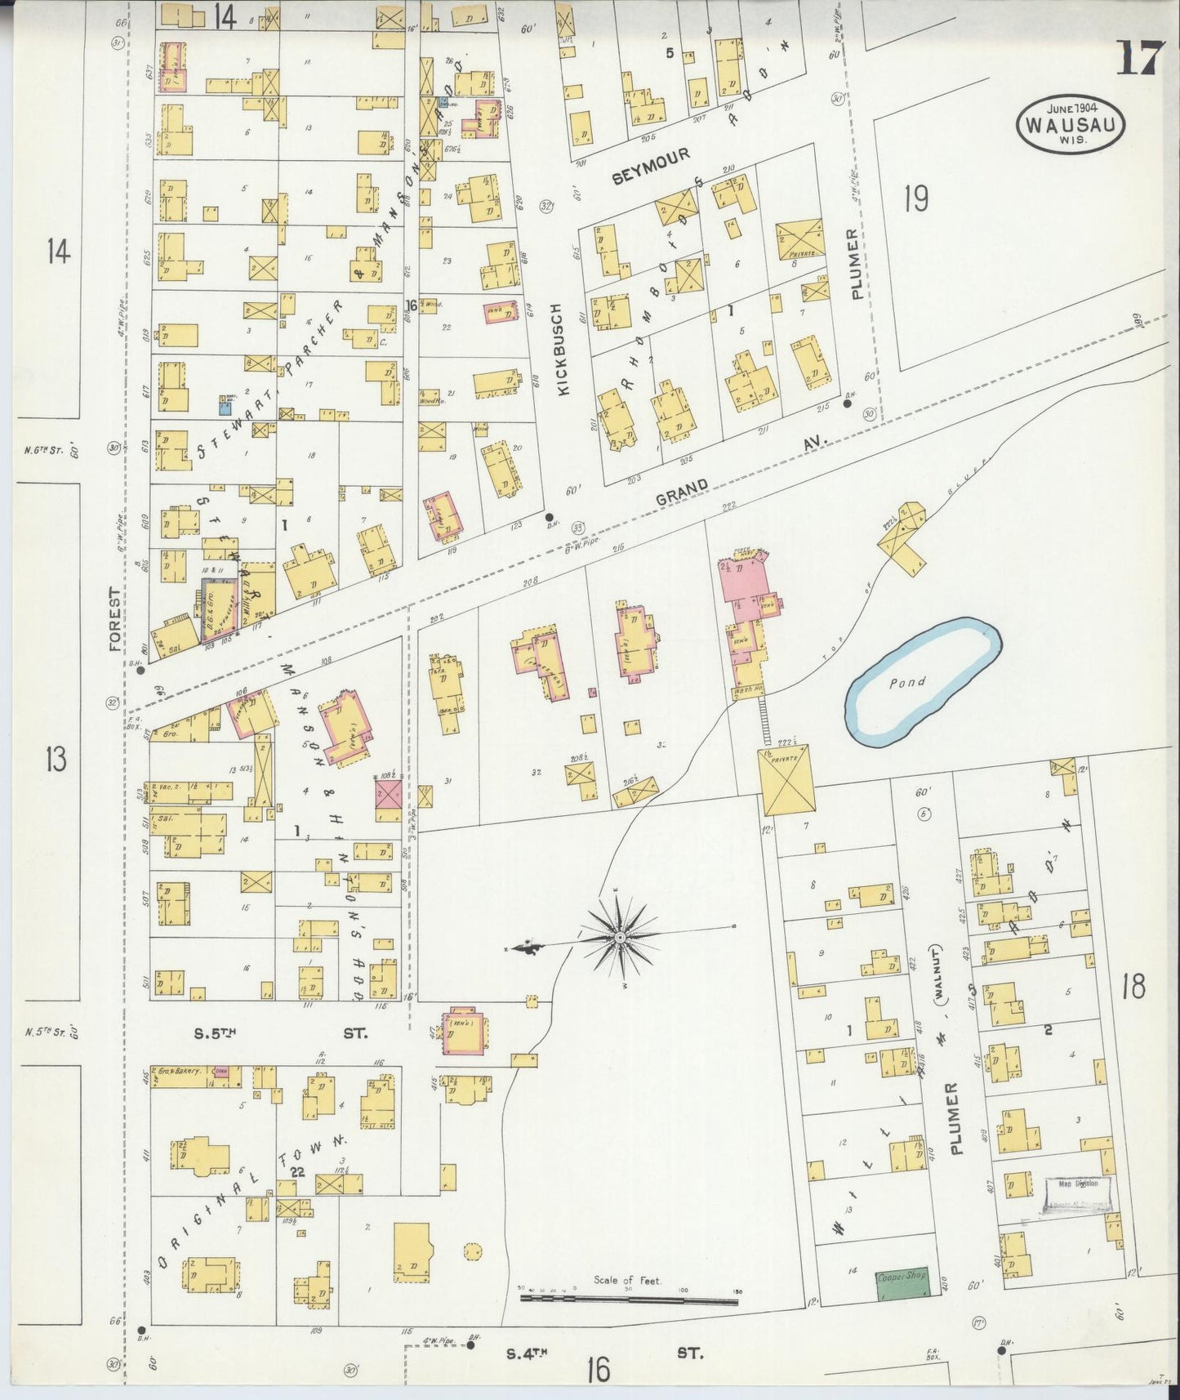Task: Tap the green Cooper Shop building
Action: tap(902, 1283)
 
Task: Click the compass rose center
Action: tap(621, 935)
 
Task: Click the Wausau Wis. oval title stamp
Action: tap(1071, 123)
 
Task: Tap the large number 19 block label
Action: tap(916, 198)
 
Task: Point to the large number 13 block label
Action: tap(56, 759)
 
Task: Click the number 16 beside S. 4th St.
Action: tap(599, 1369)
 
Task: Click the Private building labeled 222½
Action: tap(787, 780)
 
